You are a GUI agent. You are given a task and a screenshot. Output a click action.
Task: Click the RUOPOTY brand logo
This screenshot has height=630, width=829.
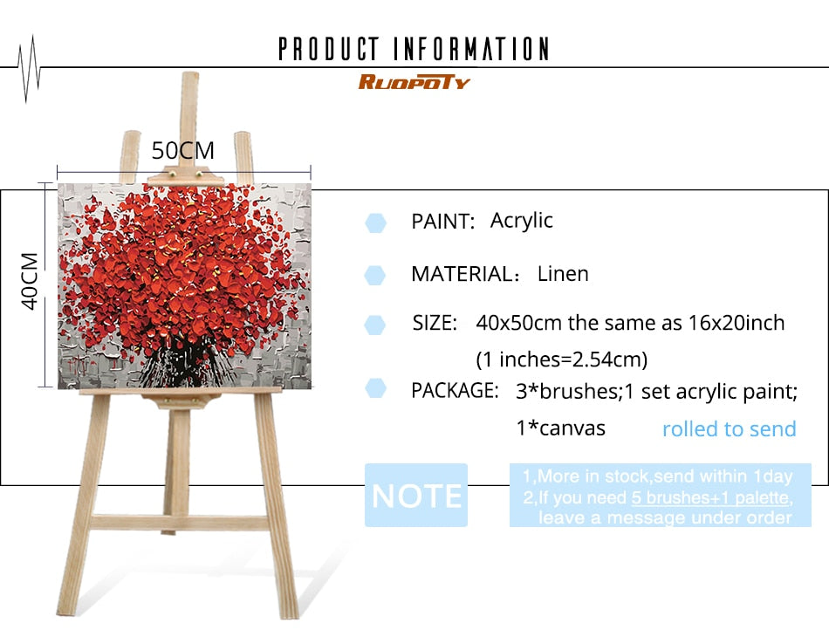(x=414, y=82)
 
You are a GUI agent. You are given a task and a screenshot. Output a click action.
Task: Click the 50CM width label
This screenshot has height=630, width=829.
(x=183, y=151)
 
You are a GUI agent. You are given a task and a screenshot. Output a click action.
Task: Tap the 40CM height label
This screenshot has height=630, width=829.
(x=31, y=281)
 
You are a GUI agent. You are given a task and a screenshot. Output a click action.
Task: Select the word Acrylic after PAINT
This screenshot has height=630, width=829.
(x=521, y=221)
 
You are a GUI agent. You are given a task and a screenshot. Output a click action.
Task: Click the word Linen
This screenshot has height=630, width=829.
(x=563, y=274)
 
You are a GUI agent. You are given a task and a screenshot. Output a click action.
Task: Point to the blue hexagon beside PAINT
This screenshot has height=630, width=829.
(x=375, y=223)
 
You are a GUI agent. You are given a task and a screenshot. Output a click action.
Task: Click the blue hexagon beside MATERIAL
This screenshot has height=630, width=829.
(x=375, y=276)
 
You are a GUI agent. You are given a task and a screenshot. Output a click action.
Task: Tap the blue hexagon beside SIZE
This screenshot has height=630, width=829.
(x=375, y=325)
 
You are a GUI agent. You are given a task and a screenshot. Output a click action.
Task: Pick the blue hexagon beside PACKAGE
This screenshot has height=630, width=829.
(x=375, y=388)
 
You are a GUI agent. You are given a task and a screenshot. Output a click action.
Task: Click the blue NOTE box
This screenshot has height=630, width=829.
(x=416, y=496)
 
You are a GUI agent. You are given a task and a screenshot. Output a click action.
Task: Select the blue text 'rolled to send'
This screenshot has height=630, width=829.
(x=729, y=428)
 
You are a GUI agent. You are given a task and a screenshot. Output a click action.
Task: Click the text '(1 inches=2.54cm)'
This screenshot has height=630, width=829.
(x=561, y=360)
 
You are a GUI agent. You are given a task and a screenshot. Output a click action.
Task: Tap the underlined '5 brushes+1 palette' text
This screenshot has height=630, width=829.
(x=710, y=497)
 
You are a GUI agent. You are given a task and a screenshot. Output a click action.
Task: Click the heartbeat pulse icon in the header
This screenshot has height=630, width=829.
(x=29, y=69)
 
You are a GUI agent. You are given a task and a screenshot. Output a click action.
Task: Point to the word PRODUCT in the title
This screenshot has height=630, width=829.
(x=329, y=49)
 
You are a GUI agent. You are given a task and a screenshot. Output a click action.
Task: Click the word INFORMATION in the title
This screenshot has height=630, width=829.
(x=471, y=49)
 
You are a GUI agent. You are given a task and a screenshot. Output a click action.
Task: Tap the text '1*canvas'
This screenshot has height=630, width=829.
(x=560, y=428)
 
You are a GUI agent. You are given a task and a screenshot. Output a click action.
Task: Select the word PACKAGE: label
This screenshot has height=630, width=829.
(x=456, y=390)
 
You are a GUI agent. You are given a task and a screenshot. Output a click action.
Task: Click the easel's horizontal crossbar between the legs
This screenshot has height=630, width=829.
(x=180, y=522)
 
